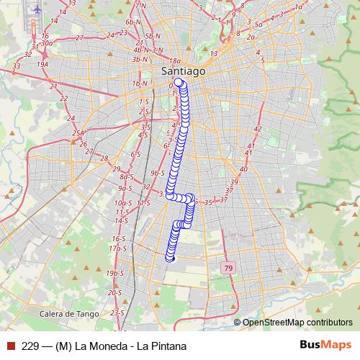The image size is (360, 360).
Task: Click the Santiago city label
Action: point(182,72)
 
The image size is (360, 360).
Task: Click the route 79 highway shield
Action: point(228,269)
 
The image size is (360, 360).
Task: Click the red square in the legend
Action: point(10,346)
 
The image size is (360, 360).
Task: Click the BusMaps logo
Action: point(322,346)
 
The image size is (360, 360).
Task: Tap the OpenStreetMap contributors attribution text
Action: point(297,322)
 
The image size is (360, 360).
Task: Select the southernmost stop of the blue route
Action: point(171,258)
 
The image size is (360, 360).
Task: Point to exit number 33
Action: point(16,66)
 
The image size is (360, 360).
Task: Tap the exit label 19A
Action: point(42,64)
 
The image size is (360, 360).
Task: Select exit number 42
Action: point(258,129)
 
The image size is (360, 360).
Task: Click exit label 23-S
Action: point(118,312)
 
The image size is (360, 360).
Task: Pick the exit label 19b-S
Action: point(114,274)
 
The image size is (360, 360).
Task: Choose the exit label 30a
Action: point(48,43)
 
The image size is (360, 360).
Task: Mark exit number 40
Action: point(243,169)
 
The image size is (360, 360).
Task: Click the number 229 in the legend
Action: point(30,346)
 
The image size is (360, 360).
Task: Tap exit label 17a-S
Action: point(117,248)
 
